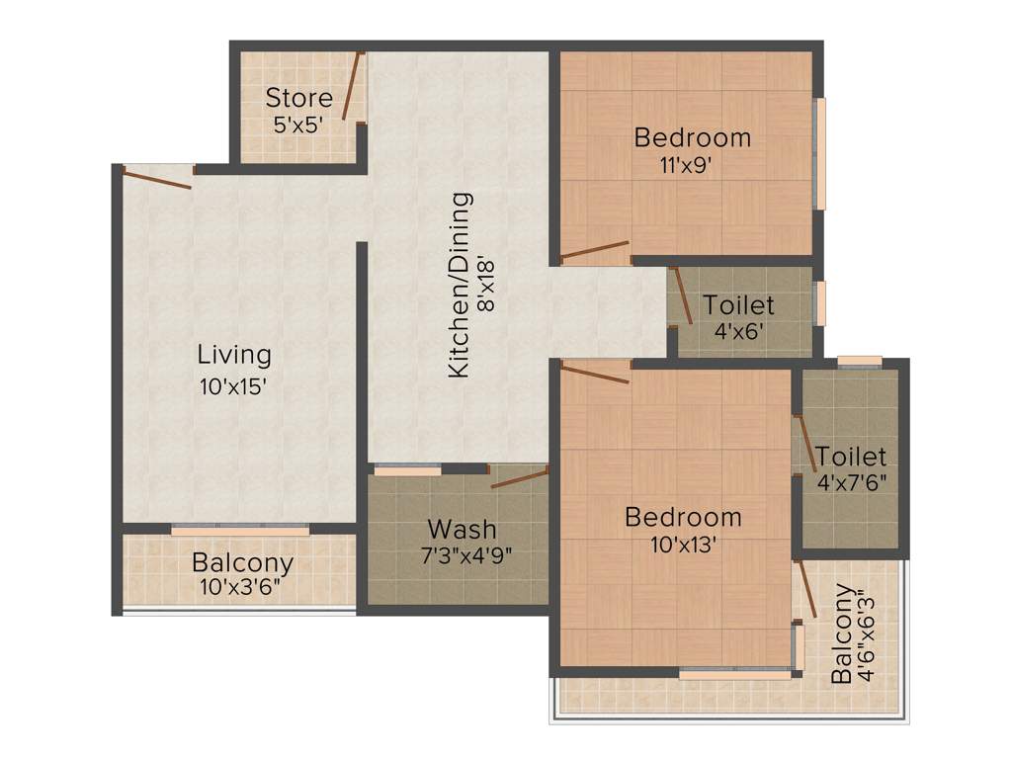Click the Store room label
[x=299, y=98]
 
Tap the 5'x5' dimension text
[x=299, y=126]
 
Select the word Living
[x=234, y=354]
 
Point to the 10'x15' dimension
[x=234, y=386]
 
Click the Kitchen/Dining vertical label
[x=459, y=286]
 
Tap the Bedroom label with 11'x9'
[x=692, y=137]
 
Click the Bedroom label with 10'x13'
[x=683, y=517]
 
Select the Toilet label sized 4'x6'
[x=738, y=305]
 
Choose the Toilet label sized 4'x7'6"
[x=851, y=458]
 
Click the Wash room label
[x=462, y=529]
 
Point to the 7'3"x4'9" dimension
[x=466, y=555]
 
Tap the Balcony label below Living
[x=242, y=563]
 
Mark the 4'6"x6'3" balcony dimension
[x=868, y=636]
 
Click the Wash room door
[x=520, y=479]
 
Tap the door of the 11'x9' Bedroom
[x=595, y=250]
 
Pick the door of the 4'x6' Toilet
[x=681, y=295]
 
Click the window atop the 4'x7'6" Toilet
[x=859, y=361]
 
